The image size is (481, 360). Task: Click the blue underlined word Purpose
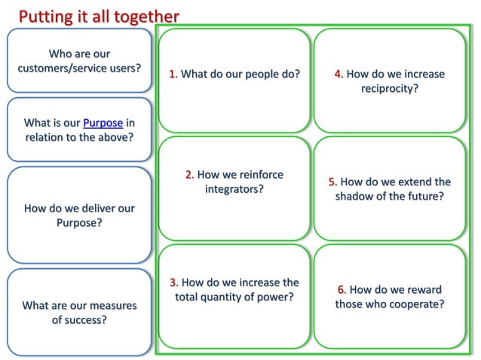[103, 123]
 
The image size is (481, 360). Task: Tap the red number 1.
[173, 74]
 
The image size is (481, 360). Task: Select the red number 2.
[189, 175]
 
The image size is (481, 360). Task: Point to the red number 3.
[173, 282]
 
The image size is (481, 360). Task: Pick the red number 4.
[339, 74]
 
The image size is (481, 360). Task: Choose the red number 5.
[332, 182]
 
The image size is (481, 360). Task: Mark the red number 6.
[342, 289]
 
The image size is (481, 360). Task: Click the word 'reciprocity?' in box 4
[390, 88]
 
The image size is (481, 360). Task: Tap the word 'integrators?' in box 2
[234, 189]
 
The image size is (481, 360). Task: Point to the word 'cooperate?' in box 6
[415, 304]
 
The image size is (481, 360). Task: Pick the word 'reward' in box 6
[424, 289]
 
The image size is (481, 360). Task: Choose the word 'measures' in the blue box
[113, 305]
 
